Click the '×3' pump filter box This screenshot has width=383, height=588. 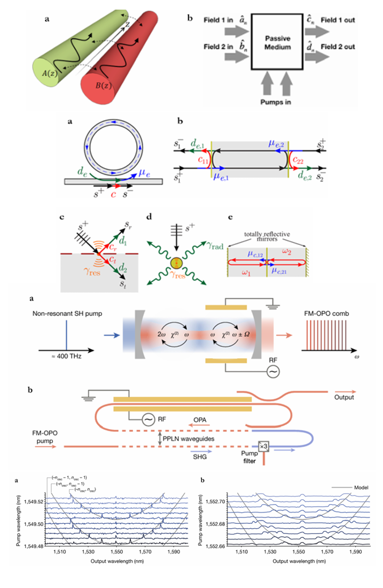(x=263, y=445)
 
